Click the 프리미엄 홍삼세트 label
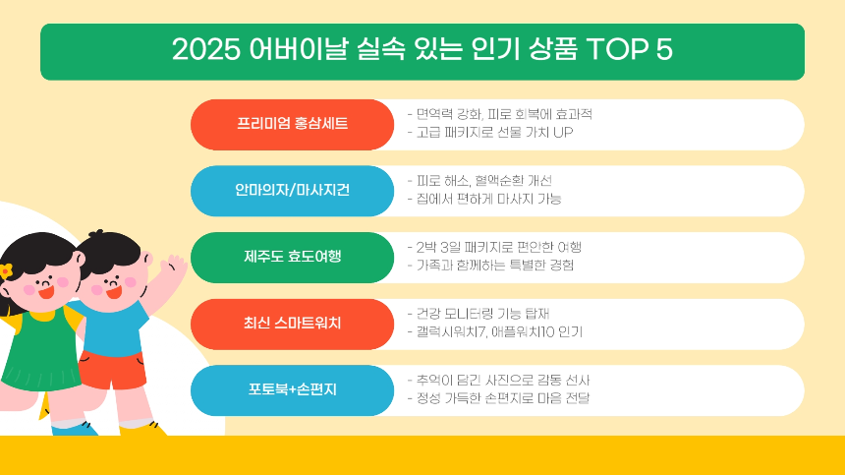click(x=292, y=124)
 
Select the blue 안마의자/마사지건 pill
click(x=292, y=191)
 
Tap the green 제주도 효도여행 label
click(x=292, y=257)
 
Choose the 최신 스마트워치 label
click(x=292, y=324)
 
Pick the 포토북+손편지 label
click(x=292, y=389)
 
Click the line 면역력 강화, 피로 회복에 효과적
click(x=500, y=114)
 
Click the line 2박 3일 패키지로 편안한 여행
click(x=500, y=247)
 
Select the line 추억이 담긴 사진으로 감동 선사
click(x=497, y=380)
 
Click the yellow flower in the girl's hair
click(x=6, y=269)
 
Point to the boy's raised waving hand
click(x=173, y=266)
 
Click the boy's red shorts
click(x=111, y=368)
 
